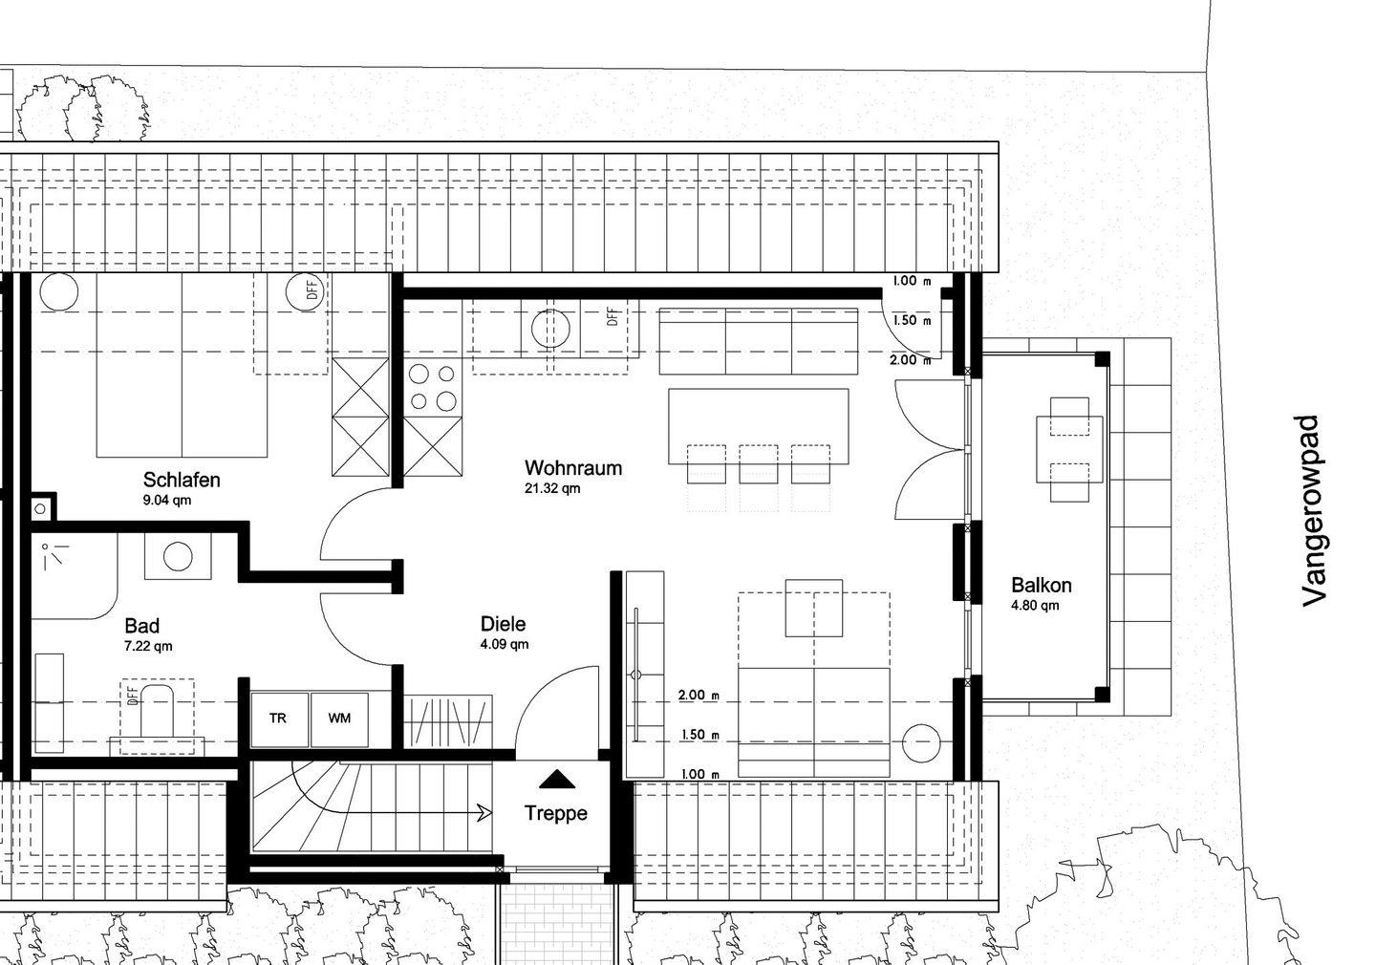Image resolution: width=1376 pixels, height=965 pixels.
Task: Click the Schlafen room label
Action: click(x=182, y=480)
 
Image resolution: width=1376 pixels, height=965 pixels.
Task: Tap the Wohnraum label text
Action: click(x=573, y=468)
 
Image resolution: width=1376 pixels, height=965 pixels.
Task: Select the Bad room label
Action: click(x=141, y=626)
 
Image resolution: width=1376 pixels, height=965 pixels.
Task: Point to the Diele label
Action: click(x=503, y=624)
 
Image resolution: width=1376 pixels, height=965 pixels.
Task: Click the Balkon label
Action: click(x=1042, y=586)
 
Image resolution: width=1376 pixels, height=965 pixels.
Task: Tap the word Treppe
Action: click(x=556, y=813)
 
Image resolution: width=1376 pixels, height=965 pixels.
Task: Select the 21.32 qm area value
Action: click(x=552, y=489)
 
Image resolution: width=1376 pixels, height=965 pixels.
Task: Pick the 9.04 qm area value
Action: click(x=167, y=500)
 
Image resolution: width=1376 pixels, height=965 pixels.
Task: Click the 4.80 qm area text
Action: click(x=1035, y=606)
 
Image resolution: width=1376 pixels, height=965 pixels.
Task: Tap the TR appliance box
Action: click(x=279, y=719)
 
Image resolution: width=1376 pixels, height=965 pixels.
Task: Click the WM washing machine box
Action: click(x=340, y=719)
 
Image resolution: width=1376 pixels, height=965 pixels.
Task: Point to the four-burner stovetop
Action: click(x=433, y=388)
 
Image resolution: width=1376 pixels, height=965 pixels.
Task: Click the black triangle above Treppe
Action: click(x=556, y=779)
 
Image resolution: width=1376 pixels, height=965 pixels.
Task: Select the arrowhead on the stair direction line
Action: click(x=485, y=813)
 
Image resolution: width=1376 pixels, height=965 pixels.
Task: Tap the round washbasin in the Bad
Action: click(x=178, y=556)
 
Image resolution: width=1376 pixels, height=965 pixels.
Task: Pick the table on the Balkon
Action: click(x=1069, y=450)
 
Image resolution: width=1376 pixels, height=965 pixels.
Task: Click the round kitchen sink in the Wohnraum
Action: click(x=550, y=329)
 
